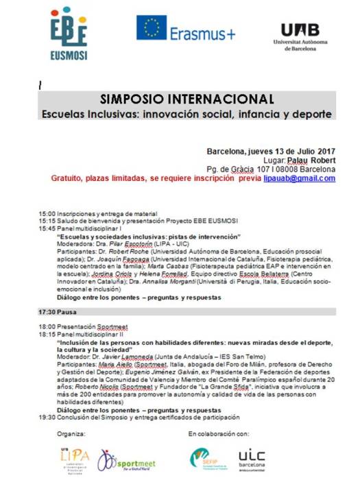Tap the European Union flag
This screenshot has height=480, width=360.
pos(155,29)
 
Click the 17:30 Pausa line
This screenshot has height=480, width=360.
pos(60,311)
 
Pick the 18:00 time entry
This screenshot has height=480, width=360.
pos(47,327)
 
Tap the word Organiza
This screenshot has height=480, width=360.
pos(69,435)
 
